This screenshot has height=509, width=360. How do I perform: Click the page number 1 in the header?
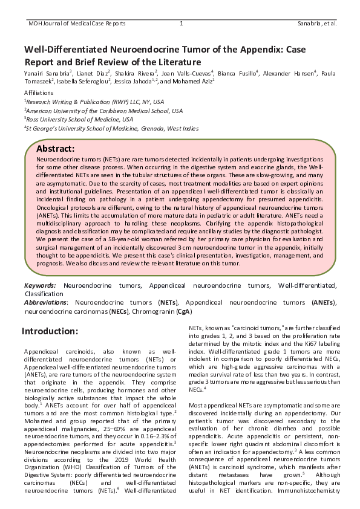[182, 24]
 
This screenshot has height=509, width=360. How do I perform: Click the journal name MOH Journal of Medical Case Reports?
[77, 24]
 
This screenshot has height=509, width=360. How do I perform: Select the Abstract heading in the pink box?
[55, 149]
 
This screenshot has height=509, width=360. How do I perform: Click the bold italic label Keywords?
[40, 285]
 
